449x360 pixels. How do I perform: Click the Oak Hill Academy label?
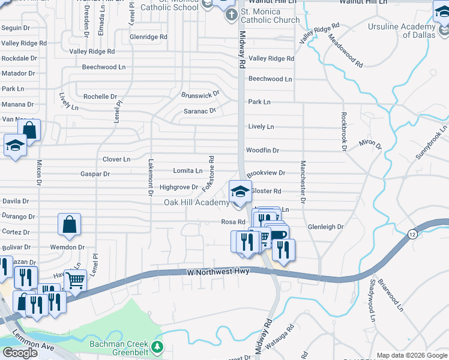click(196, 202)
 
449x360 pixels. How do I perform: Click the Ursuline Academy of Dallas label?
click(402, 31)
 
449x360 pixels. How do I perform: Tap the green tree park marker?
click(157, 347)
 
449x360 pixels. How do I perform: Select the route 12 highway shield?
click(411, 233)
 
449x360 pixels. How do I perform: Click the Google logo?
click(20, 353)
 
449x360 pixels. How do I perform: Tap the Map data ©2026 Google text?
click(412, 355)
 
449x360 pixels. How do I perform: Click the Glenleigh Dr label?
click(325, 227)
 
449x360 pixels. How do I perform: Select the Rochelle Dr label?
click(100, 97)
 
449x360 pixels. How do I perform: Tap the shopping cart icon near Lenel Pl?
click(76, 280)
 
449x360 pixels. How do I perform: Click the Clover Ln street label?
click(116, 160)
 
